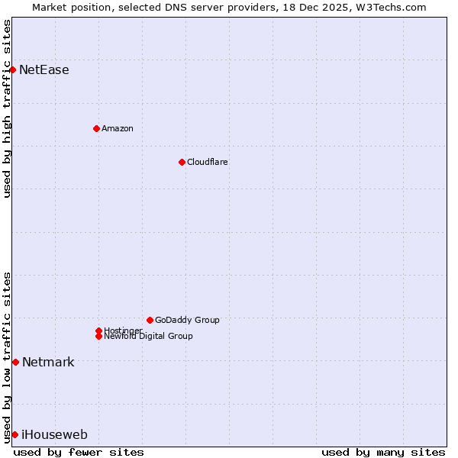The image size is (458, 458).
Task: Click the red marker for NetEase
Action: coord(13,69)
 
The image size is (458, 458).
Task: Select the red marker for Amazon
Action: coord(96,128)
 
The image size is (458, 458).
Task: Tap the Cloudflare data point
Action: coord(182,162)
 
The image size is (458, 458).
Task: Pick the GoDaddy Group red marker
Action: coord(150,320)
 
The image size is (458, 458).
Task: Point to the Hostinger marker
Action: coord(98,331)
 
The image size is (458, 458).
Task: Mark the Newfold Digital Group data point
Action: coord(98,336)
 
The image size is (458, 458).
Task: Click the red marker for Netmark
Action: coord(15,362)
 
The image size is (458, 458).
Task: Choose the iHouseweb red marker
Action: coord(15,434)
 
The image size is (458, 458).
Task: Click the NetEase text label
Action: coord(44,70)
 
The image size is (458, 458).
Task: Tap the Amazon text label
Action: coord(118,128)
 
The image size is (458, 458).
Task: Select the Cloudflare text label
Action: coord(208,162)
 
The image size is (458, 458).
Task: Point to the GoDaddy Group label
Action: coord(187,320)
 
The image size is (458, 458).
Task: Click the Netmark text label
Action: coord(48,362)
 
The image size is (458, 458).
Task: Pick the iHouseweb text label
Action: coord(54,435)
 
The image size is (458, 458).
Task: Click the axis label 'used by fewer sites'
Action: coord(79,452)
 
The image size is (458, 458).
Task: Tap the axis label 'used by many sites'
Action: coord(383,452)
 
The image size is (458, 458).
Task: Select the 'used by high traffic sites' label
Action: coord(8,109)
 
